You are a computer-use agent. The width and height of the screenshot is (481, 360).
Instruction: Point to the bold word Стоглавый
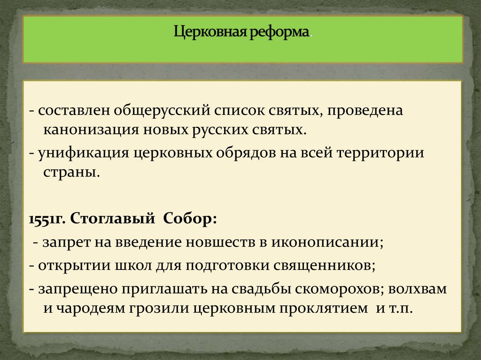[113, 219]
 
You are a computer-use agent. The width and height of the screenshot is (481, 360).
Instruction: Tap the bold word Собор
[190, 219]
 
